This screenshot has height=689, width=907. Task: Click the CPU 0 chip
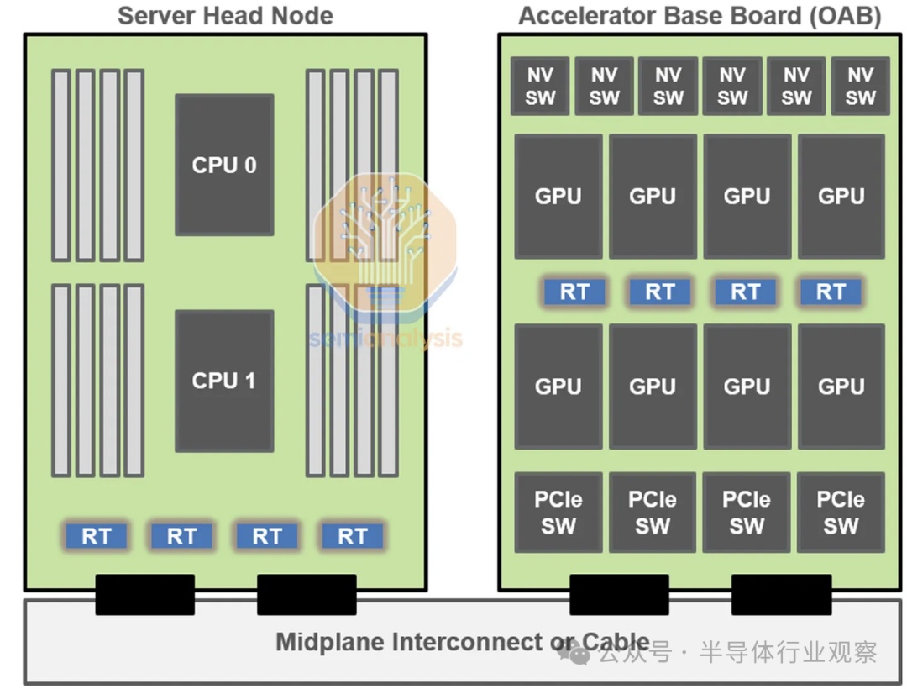(224, 165)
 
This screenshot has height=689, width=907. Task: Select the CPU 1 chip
(224, 381)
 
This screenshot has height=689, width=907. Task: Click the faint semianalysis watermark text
(385, 338)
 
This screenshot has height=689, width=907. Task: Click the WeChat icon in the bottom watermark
(574, 653)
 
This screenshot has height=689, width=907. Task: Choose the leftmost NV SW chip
(540, 87)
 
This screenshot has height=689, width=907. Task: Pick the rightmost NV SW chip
(860, 87)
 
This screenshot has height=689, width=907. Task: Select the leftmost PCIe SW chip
(558, 513)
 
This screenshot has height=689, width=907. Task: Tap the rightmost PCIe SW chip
(841, 513)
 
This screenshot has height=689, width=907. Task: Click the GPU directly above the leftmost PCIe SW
(558, 387)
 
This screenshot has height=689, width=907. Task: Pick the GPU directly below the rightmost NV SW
(841, 196)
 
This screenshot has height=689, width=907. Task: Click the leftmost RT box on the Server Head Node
(96, 536)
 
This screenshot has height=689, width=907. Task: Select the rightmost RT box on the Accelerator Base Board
(831, 292)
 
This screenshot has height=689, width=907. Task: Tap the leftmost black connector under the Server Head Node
(144, 595)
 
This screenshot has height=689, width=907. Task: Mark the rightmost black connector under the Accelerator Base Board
(782, 595)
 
